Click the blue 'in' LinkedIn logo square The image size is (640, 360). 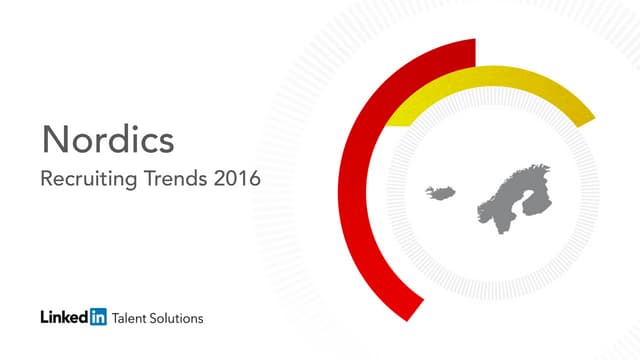pos(98,318)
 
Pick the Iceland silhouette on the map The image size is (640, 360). pos(437,192)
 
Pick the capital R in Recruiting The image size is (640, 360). pos(43,181)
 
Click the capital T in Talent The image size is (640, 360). pos(117,318)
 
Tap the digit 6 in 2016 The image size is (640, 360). pos(254,181)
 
